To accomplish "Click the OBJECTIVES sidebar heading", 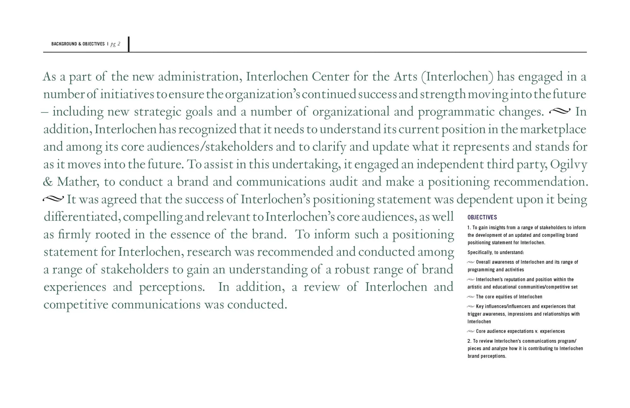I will (x=482, y=217).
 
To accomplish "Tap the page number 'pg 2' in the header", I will (x=115, y=44).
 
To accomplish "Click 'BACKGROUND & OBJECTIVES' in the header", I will (x=78, y=44).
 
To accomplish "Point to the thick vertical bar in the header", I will (x=129, y=44).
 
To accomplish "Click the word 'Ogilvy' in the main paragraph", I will (x=568, y=165).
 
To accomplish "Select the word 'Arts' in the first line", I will (x=405, y=77).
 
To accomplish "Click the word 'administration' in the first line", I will (x=199, y=77).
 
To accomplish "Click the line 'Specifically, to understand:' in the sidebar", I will (x=495, y=252).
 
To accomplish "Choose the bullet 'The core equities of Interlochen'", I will (x=509, y=297).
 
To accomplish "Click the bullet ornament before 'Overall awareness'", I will (x=471, y=262).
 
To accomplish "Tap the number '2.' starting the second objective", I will (x=469, y=341).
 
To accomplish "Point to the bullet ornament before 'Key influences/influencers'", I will (x=471, y=306).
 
